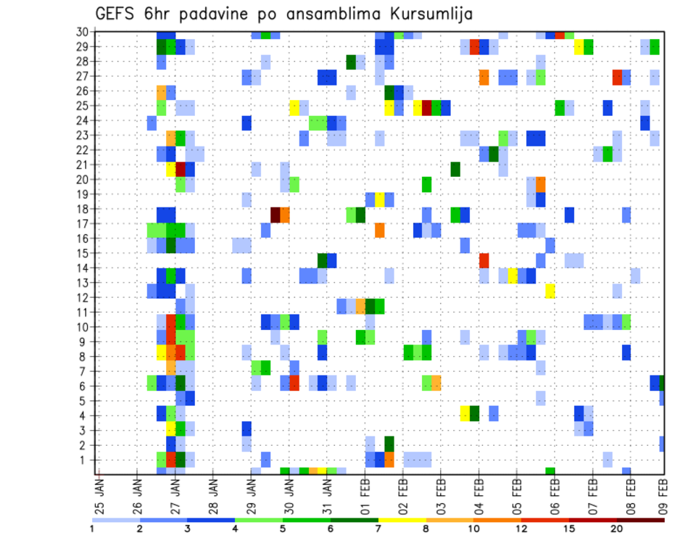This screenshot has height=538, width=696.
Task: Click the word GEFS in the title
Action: pos(115,14)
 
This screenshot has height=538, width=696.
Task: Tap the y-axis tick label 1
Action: pos(85,460)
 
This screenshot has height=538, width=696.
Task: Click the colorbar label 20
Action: pos(617,529)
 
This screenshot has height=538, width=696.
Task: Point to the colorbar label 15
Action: pos(569,529)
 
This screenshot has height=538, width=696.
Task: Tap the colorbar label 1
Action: pos(92,529)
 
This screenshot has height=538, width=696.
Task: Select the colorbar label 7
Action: pos(378,529)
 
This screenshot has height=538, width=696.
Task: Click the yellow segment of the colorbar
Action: pos(402,520)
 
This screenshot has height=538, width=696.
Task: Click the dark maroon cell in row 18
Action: pos(275,215)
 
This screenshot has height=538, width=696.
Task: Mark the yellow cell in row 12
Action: pos(550,290)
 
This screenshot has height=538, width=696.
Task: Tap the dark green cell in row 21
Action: pos(455,169)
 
